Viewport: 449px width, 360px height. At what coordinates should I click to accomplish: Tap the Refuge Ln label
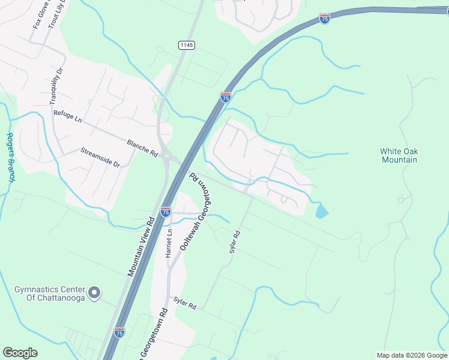(x=67, y=116)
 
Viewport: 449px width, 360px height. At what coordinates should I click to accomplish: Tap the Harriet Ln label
(x=169, y=243)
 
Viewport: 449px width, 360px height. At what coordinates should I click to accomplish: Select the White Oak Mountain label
(x=399, y=155)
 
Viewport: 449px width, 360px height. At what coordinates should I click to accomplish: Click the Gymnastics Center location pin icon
(x=94, y=293)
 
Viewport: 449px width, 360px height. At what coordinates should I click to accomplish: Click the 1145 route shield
(x=186, y=45)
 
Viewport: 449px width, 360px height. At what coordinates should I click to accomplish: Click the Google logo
(x=20, y=353)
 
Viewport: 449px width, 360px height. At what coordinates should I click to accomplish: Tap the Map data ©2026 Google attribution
(x=412, y=355)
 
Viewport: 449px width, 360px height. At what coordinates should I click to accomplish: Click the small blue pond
(x=322, y=211)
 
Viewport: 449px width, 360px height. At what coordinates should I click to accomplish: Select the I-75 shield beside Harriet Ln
(x=166, y=211)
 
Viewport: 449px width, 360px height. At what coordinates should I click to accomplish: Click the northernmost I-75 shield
(x=324, y=19)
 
